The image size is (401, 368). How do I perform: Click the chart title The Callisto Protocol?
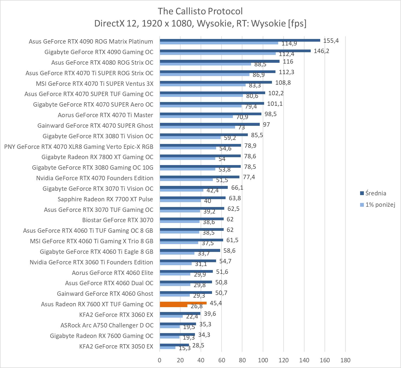point(200,11)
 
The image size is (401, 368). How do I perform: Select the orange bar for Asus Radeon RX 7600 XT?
point(183,303)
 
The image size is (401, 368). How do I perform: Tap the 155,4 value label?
point(331,41)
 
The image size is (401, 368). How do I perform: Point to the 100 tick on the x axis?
point(263,360)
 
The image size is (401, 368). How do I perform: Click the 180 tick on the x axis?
point(345,360)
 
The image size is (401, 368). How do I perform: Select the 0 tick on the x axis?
point(160,360)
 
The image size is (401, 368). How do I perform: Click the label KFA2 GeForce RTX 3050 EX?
point(116,346)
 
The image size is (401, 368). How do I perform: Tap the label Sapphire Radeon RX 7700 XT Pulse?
point(105,199)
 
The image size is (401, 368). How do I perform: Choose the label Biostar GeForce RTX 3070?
point(118,220)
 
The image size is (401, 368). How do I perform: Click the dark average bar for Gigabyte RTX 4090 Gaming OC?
point(235,51)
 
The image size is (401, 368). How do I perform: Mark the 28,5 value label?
point(198,345)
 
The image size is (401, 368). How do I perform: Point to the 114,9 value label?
point(289,43)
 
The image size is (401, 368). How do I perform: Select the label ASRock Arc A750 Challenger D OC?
point(107,325)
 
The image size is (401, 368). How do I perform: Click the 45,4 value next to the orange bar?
point(216,303)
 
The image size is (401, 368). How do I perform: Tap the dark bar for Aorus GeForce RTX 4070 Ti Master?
point(210,114)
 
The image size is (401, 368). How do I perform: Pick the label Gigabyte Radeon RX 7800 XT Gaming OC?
point(97,157)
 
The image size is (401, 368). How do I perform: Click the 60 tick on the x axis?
point(222,360)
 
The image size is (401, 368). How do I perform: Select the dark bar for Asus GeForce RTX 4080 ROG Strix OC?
point(220,61)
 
